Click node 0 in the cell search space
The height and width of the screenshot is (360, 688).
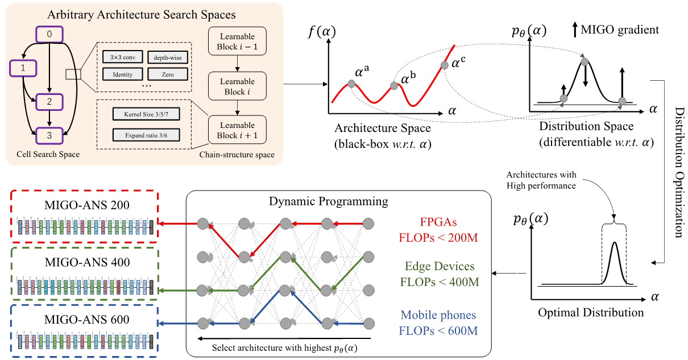coord(49,35)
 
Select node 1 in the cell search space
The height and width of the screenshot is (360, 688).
coord(23,69)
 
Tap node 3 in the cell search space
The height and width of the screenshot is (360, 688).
coord(49,136)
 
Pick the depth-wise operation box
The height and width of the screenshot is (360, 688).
coord(168,57)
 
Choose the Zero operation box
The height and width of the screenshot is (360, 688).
coord(168,74)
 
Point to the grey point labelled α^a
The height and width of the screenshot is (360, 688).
coord(351,84)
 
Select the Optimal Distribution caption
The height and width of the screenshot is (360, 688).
coord(591,312)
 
